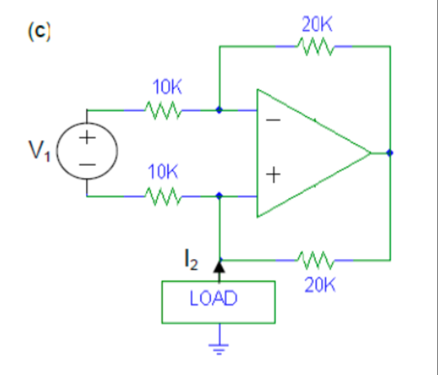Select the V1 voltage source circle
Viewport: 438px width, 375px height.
[x=87, y=151]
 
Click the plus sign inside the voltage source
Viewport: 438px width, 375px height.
[x=87, y=138]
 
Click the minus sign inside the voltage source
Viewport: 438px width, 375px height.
[x=87, y=165]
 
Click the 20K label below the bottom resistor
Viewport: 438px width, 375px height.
[x=320, y=285]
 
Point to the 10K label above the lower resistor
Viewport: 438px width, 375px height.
[x=163, y=173]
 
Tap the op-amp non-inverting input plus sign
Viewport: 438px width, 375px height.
[x=273, y=175]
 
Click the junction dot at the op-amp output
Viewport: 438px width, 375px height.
[x=390, y=153]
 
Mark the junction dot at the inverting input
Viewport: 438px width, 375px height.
[x=219, y=110]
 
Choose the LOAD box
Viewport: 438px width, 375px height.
[x=218, y=302]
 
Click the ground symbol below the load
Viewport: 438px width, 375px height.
[x=219, y=347]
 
